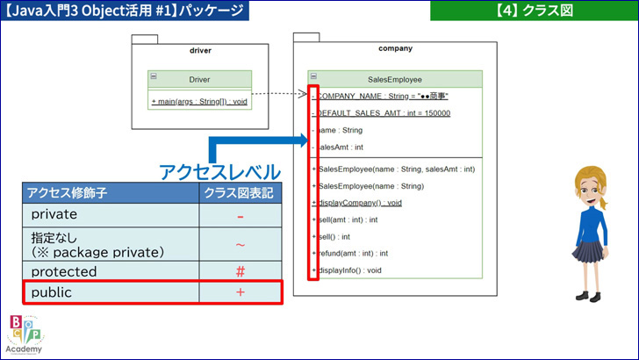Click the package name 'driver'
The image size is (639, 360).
[200, 51]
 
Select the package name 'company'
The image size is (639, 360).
[395, 48]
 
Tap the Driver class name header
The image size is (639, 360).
[199, 80]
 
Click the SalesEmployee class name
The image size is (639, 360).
[394, 80]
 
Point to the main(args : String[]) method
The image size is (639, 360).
[199, 102]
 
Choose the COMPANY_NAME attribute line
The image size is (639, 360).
[380, 97]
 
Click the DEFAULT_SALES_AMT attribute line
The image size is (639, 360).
[381, 113]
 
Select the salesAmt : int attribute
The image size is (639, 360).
[337, 148]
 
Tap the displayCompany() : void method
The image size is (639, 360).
[357, 203]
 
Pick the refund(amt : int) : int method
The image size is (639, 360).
[350, 253]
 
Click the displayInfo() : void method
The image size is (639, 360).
[347, 270]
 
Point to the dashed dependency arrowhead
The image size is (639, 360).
[302, 94]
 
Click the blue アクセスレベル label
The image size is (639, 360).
[219, 172]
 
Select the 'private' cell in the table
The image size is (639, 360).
[54, 214]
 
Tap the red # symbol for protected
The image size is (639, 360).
[241, 271]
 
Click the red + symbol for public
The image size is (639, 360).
[241, 292]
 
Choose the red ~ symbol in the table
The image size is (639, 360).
[241, 245]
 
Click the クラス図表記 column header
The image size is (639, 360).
[239, 193]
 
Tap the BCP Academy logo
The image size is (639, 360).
[25, 335]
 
